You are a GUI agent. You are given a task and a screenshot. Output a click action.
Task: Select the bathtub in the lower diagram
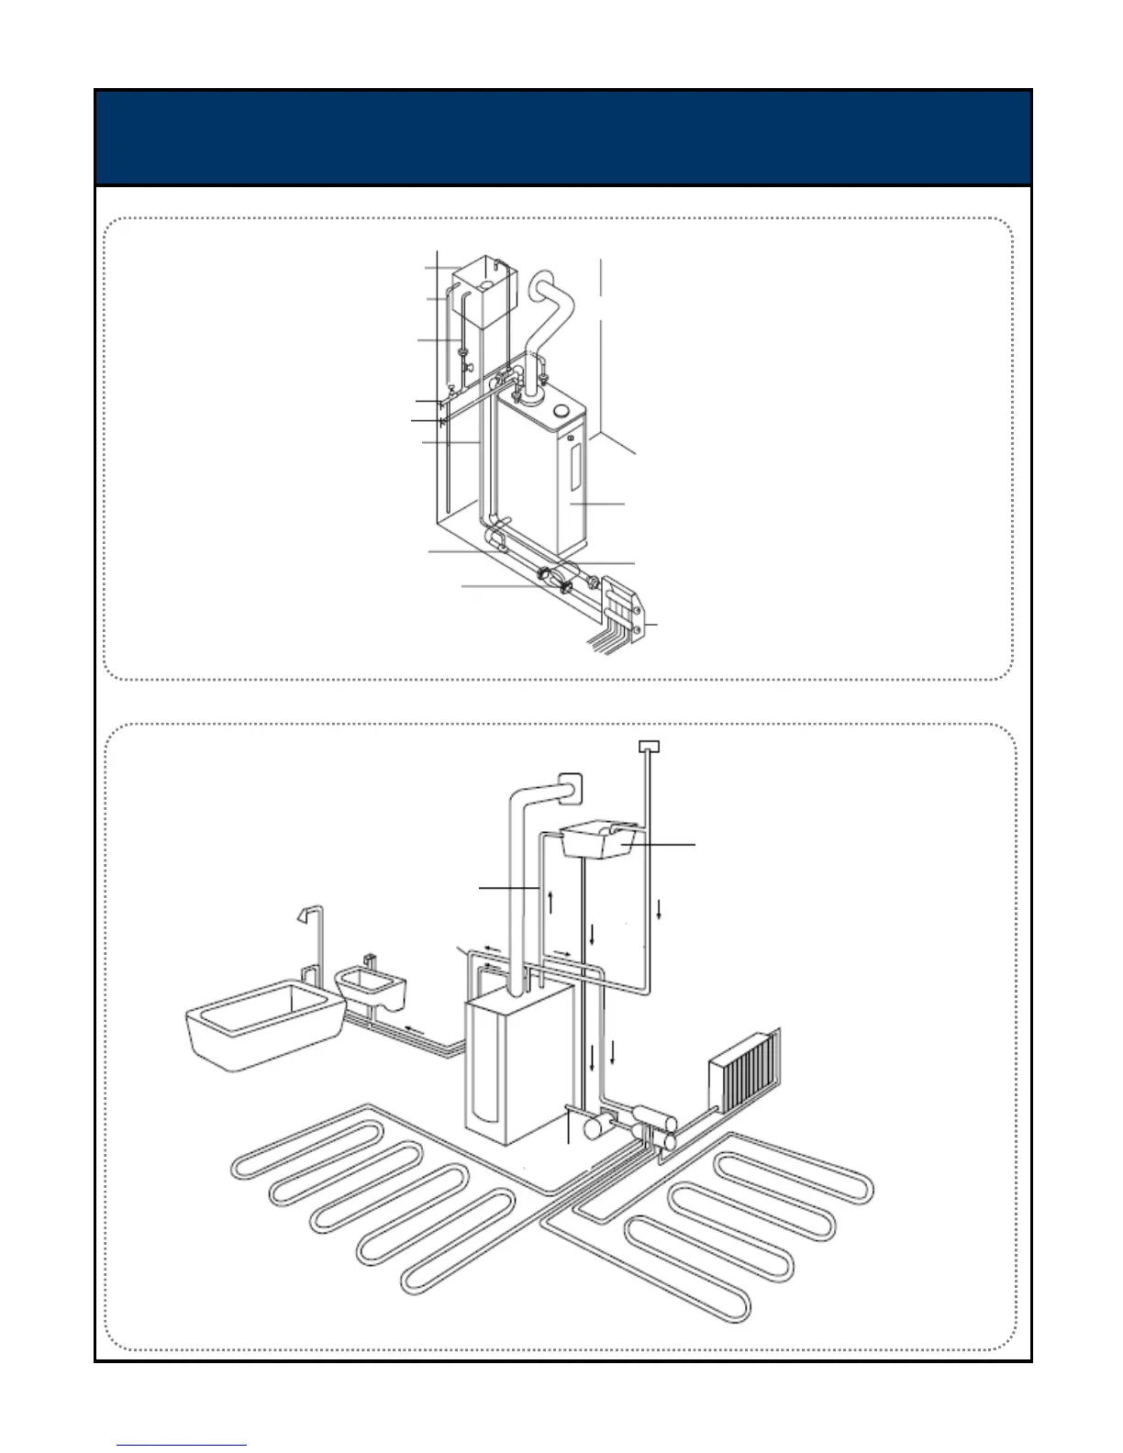click(x=261, y=1023)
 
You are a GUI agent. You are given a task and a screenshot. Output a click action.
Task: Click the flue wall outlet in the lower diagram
click(x=570, y=786)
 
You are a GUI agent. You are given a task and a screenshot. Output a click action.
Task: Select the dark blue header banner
click(x=563, y=138)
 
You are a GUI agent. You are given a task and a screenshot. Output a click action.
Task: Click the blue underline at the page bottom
click(x=182, y=1446)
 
